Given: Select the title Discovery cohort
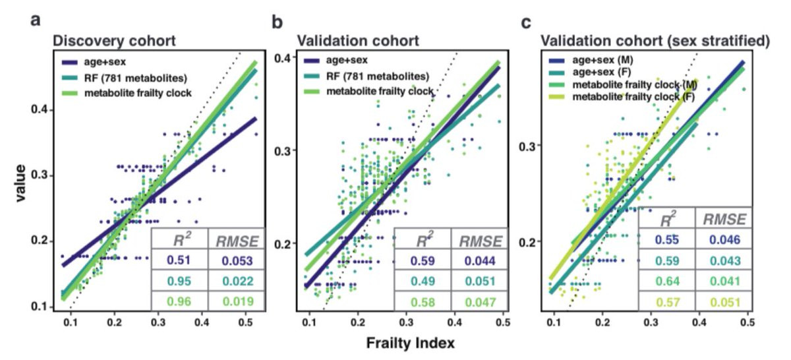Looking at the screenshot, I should click(x=113, y=41).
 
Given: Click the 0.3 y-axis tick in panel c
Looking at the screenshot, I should click(x=531, y=145).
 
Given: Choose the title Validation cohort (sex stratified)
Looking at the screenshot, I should click(x=655, y=41).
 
